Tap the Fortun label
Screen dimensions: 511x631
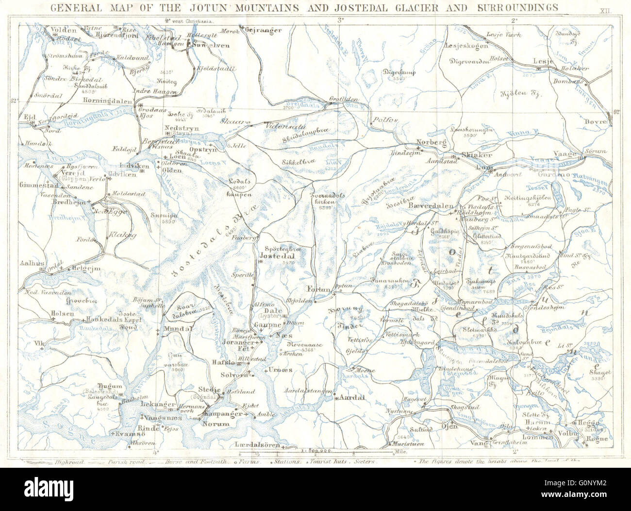pos(319,290)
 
